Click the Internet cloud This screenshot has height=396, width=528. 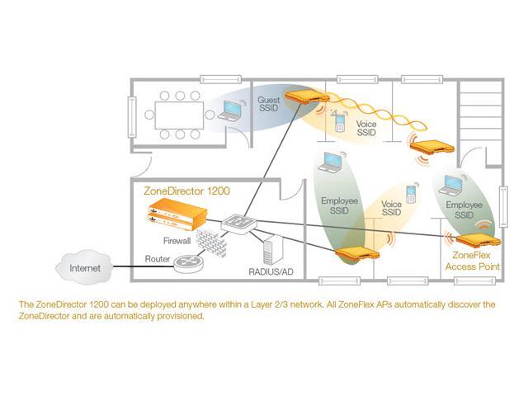[x=83, y=267]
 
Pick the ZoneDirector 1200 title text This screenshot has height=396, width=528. [x=186, y=191]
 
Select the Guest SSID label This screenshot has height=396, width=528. [x=269, y=106]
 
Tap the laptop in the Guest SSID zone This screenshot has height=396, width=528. [x=233, y=111]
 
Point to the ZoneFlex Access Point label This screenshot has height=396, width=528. [x=472, y=262]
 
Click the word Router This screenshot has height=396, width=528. [x=158, y=258]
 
